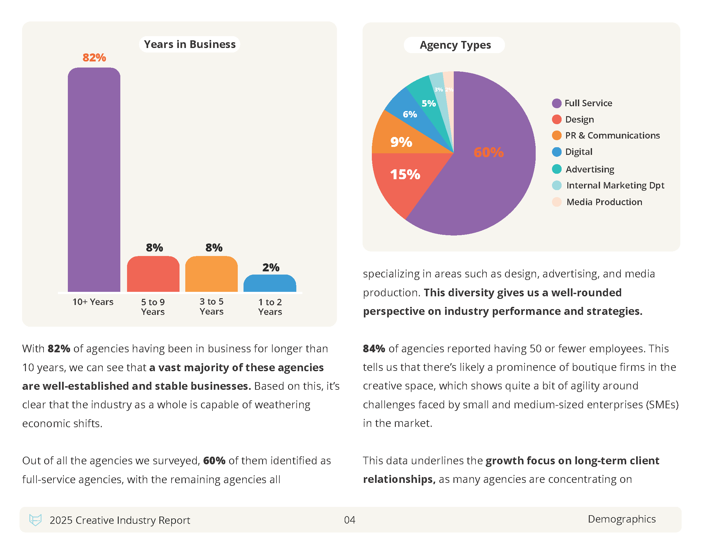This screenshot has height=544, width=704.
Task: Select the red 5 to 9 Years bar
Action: click(x=153, y=274)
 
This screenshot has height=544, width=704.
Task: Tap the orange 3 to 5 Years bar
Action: click(x=212, y=274)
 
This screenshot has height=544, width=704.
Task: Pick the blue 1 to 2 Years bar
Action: click(x=270, y=283)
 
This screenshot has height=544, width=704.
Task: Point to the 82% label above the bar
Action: click(x=94, y=58)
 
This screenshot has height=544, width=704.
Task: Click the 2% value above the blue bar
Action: click(x=271, y=267)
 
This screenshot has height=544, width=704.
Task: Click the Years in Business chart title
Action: click(x=189, y=44)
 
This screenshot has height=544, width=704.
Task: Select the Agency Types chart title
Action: click(x=455, y=45)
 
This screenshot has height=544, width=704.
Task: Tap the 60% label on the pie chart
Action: click(x=488, y=152)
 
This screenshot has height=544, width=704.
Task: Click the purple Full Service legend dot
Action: click(x=556, y=103)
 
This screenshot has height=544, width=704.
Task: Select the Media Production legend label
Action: click(x=604, y=202)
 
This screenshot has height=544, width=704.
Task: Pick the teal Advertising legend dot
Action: click(x=556, y=169)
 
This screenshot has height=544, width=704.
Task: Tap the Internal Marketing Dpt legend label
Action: click(x=615, y=185)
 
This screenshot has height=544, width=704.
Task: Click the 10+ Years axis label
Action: click(x=93, y=302)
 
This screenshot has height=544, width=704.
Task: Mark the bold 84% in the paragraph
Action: click(x=374, y=348)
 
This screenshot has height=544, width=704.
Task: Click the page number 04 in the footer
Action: click(x=349, y=520)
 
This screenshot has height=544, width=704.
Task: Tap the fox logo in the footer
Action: click(x=35, y=520)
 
